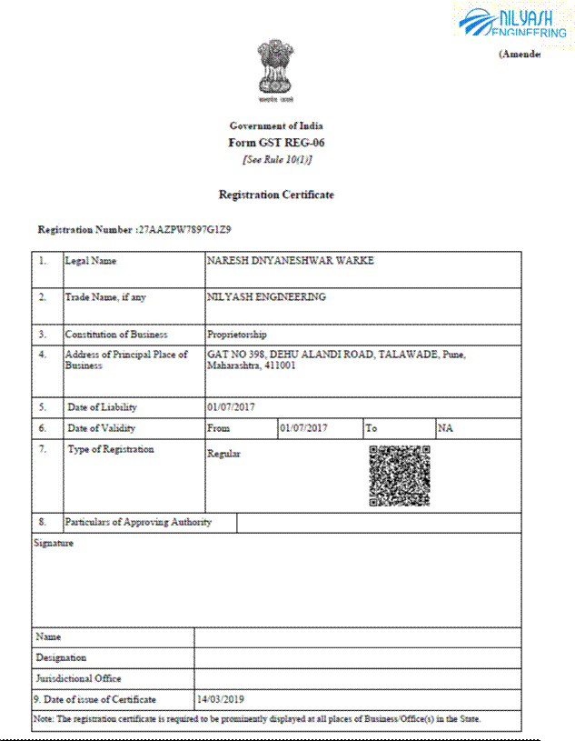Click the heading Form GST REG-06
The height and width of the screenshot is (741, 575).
tap(276, 143)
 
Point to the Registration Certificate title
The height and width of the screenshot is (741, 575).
tap(276, 195)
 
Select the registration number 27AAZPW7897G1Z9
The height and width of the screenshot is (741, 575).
tap(185, 230)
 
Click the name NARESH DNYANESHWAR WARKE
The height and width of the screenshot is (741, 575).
tap(290, 261)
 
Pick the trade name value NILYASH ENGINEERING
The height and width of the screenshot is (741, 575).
tap(266, 296)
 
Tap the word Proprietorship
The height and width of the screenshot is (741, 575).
tap(237, 335)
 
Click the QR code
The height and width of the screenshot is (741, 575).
tap(399, 476)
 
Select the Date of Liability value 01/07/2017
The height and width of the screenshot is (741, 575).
tap(232, 407)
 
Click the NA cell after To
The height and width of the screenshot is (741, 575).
tap(444, 427)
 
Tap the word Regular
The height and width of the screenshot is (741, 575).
tap(223, 454)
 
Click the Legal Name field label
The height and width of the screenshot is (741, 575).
tap(91, 261)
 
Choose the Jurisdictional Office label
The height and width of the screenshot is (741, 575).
tap(78, 678)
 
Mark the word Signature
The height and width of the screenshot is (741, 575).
tap(53, 544)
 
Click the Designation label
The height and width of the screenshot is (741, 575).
tap(61, 657)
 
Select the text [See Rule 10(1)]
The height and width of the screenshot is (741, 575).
tap(276, 160)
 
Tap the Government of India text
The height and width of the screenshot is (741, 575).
tap(276, 126)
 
